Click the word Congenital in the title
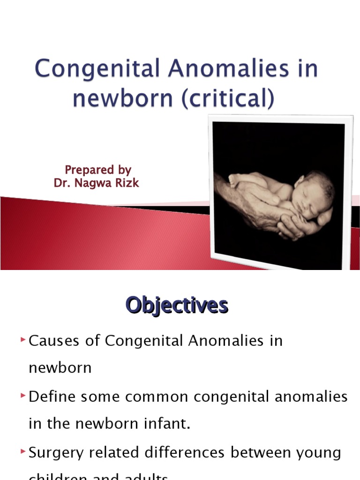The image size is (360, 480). point(94,69)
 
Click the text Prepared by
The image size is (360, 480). point(97,170)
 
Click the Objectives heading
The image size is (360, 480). point(177,306)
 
